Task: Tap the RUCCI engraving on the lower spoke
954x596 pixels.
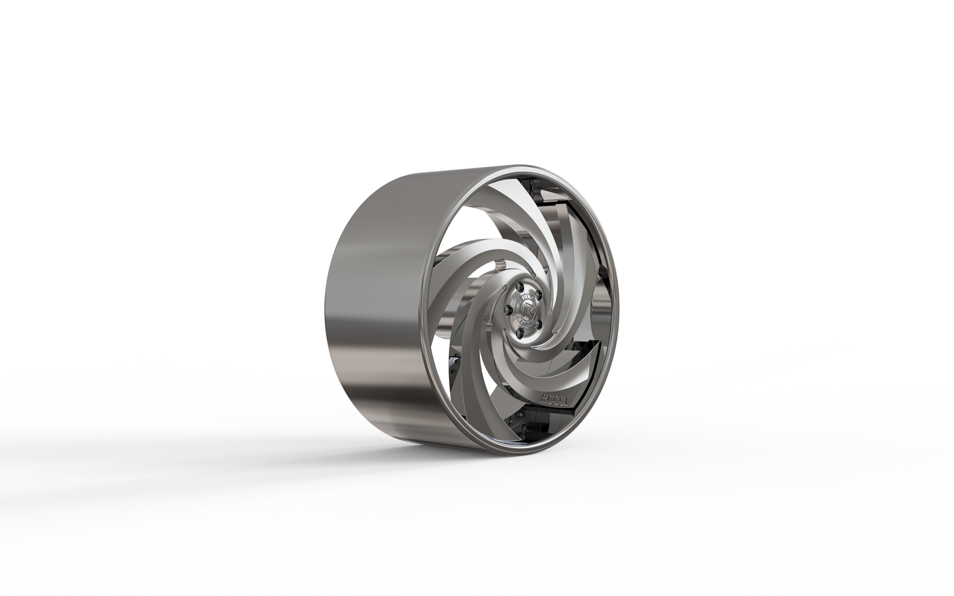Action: point(556,398)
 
